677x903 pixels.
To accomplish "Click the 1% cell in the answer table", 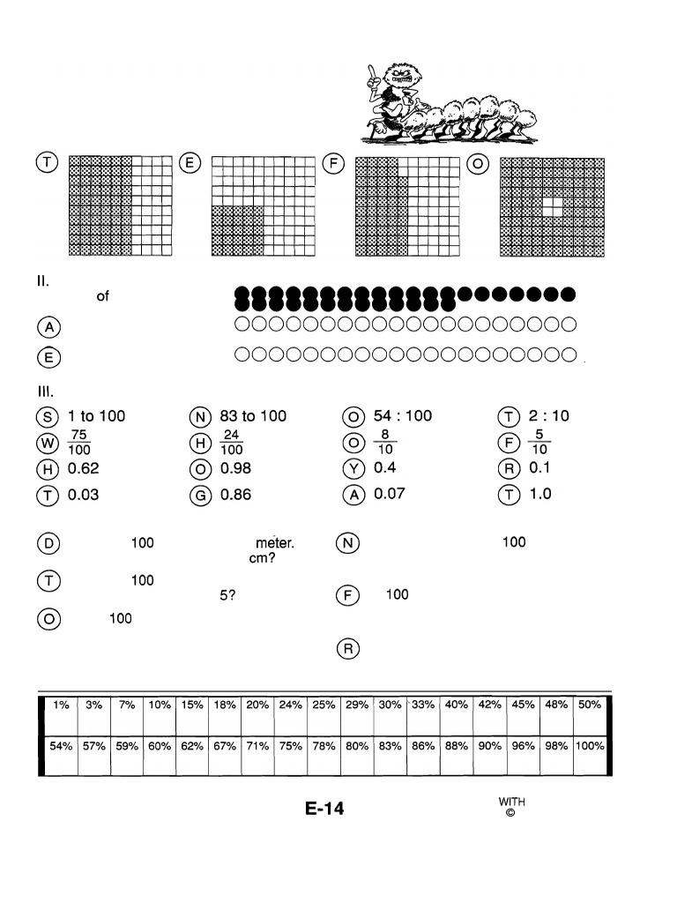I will coord(60,705).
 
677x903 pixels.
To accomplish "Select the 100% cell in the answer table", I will coord(590,746).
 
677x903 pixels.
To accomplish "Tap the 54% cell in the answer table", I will coord(60,746).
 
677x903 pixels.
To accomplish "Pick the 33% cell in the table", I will coord(423,705).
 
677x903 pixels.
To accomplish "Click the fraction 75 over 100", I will coord(79,442).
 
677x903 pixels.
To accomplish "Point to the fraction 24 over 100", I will coord(232,442).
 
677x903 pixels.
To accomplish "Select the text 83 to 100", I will coord(253,416).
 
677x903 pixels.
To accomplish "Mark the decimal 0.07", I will coord(390,494).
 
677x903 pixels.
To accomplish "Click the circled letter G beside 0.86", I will coord(199,496).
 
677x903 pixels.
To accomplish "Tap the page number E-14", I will coord(324,809).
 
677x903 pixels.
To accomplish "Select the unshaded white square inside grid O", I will coord(552,206).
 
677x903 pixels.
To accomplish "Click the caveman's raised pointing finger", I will coord(373,71).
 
